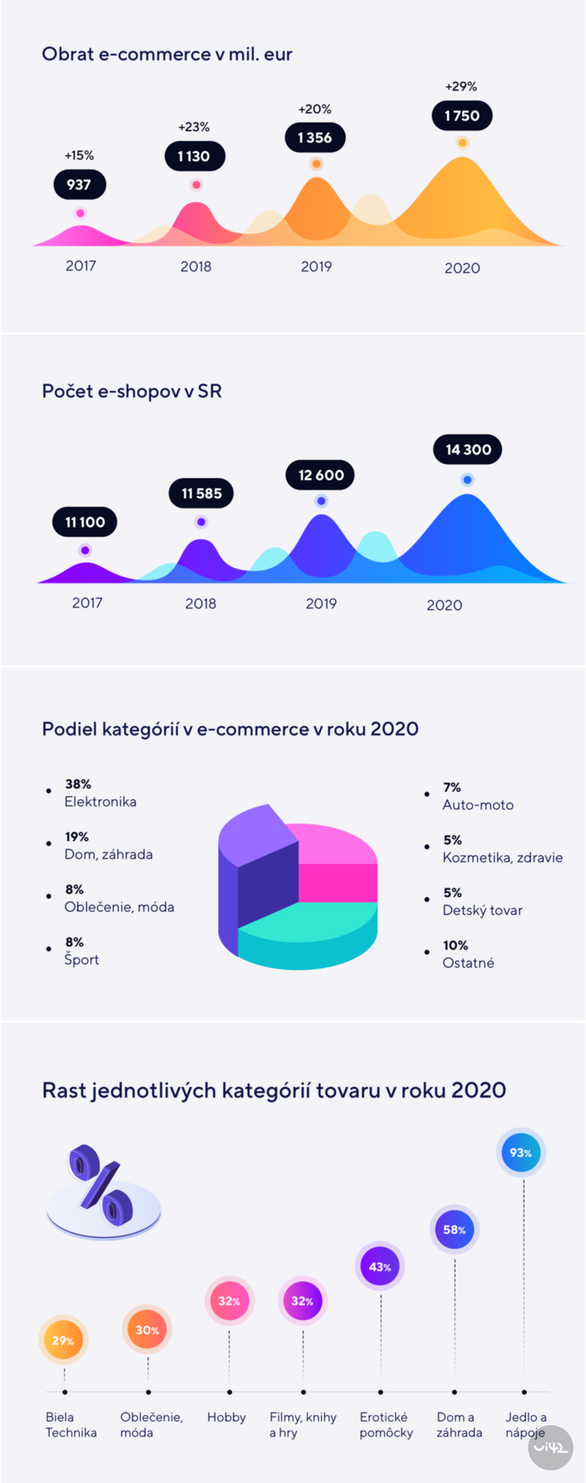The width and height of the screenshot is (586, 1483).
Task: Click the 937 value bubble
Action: tap(79, 185)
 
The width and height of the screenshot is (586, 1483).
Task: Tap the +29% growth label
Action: tap(461, 86)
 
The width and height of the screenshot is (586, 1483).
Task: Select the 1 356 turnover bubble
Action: tap(315, 138)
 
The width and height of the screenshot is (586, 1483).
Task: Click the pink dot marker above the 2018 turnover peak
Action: tap(196, 185)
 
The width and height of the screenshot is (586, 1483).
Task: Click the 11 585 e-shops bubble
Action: tap(201, 493)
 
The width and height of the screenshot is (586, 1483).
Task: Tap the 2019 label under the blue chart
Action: tap(320, 603)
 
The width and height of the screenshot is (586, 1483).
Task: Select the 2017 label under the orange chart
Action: tap(80, 266)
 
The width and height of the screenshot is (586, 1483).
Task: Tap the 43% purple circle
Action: tap(380, 1266)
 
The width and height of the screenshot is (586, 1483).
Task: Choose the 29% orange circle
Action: tap(63, 1340)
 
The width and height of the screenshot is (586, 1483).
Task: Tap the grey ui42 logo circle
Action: tap(550, 1447)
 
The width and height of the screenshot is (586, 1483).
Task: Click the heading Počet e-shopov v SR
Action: tap(132, 392)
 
